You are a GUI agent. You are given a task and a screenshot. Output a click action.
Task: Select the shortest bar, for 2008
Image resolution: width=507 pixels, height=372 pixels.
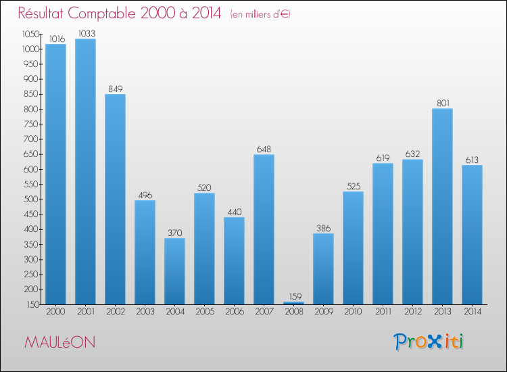tap(293, 302)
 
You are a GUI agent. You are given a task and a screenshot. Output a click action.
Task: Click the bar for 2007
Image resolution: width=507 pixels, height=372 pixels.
tap(264, 229)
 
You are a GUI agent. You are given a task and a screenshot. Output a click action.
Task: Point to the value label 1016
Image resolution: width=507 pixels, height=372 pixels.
tap(55, 39)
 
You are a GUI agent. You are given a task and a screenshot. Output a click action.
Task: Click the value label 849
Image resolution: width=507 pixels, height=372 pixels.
tap(115, 89)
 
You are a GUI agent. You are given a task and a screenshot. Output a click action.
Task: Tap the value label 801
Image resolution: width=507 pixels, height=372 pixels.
tap(442, 103)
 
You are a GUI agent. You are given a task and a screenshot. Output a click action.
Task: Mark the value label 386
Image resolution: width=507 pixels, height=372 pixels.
tap(323, 228)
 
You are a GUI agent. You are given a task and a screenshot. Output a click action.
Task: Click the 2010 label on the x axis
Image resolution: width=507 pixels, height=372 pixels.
tap(353, 312)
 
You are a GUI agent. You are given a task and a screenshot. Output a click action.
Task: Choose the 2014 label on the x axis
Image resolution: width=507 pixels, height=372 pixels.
tap(472, 312)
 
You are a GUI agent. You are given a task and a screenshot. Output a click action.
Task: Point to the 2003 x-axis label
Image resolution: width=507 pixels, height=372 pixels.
tap(145, 312)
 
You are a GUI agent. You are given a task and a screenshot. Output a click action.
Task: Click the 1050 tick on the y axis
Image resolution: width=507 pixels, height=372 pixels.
tap(30, 34)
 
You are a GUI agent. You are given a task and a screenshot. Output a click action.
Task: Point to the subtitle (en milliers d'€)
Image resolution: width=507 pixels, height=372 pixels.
tap(260, 14)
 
